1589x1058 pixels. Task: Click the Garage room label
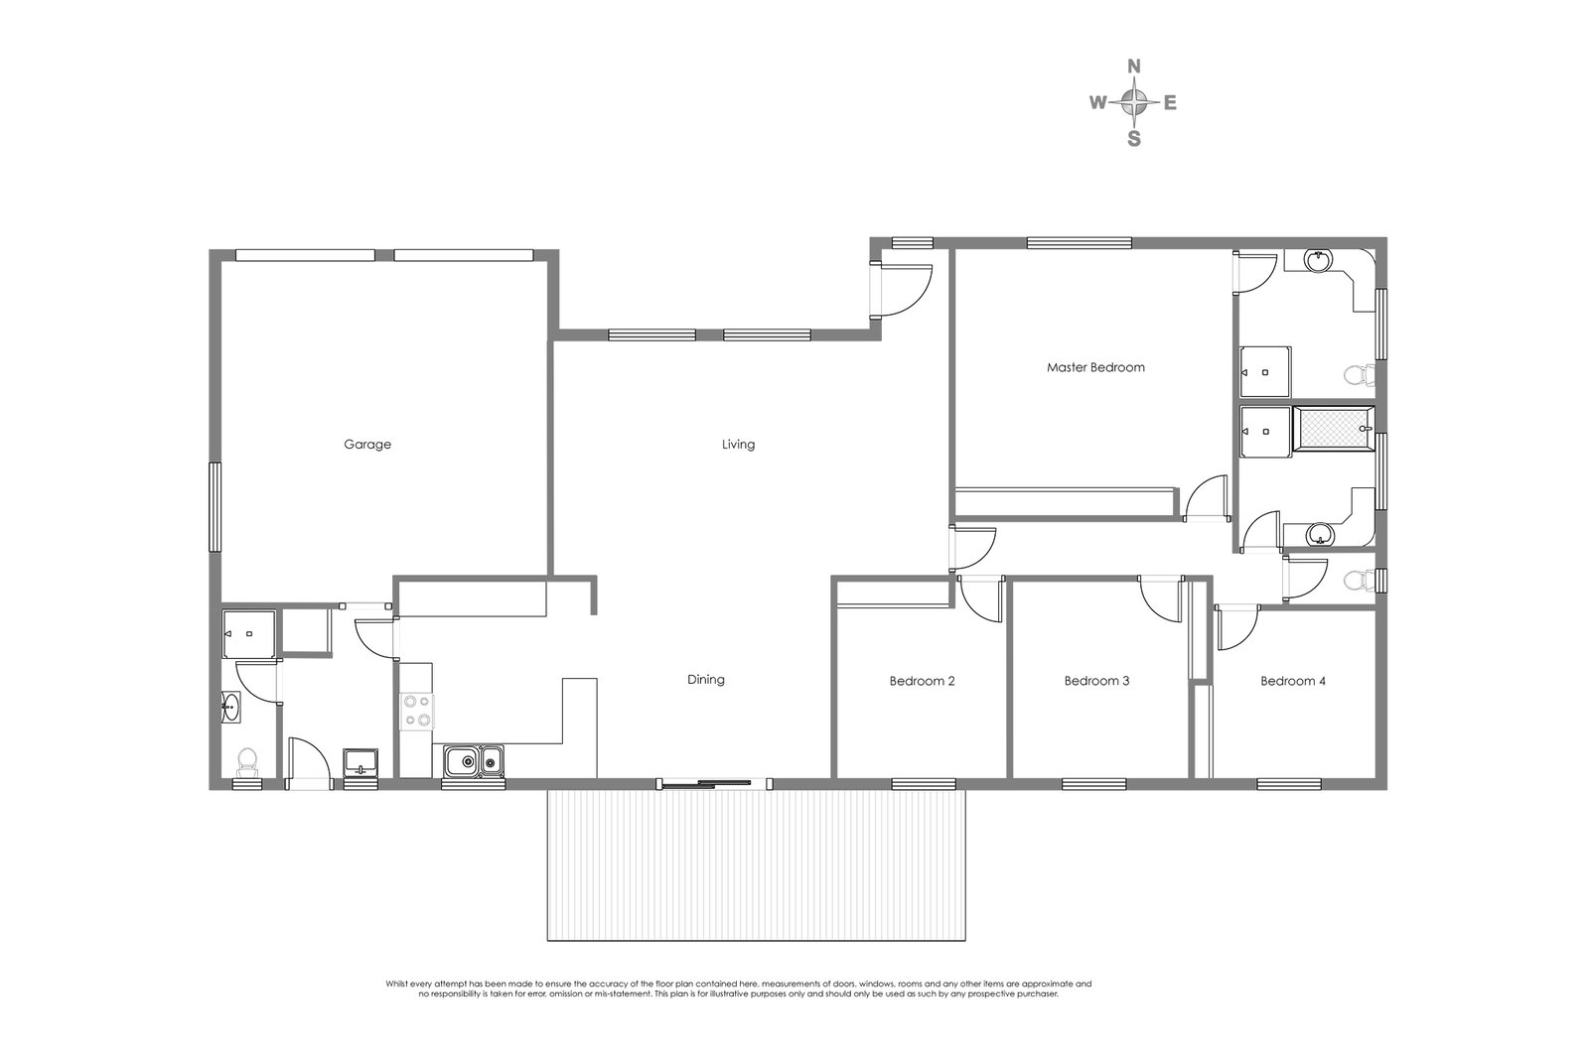[x=367, y=445]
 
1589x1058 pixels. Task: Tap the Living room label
[x=738, y=445]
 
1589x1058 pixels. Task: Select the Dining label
[x=706, y=680]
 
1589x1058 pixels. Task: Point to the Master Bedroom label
[x=1095, y=367]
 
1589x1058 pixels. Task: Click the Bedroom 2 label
[x=922, y=682]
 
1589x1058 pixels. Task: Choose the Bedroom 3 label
[x=1096, y=682]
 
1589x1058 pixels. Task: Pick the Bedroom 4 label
[x=1293, y=682]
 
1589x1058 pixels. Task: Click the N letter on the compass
[x=1133, y=66]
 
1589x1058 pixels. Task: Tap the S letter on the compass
[x=1133, y=139]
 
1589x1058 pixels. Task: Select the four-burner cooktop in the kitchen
[x=416, y=711]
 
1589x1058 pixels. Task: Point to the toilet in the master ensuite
[x=1357, y=375]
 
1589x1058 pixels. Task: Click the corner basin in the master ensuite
[x=1319, y=262]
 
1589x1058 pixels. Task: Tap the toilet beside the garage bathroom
[x=245, y=761]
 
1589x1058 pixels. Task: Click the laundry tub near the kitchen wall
[x=360, y=762]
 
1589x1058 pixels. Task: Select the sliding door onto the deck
[x=713, y=784]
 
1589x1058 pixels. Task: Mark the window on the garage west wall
[x=213, y=506]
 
